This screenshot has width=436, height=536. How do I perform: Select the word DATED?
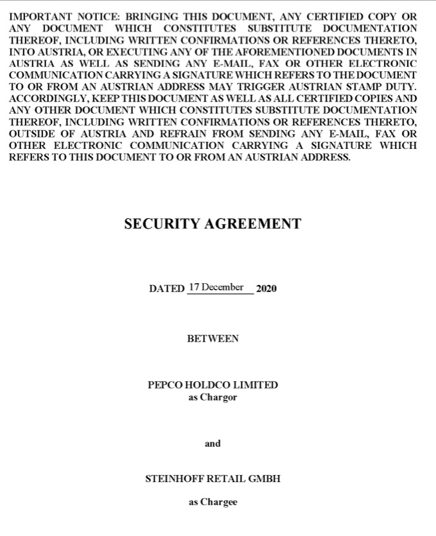166,289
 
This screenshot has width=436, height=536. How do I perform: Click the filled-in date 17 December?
216,287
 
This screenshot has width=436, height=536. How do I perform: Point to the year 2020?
266,289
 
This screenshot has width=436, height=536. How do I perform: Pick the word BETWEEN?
213,338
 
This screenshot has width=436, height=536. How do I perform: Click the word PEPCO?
165,385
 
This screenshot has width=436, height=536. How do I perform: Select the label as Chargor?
213,397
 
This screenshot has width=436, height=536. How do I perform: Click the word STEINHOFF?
173,479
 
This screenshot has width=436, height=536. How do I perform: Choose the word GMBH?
265,479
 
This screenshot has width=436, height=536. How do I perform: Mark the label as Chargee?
213,502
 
